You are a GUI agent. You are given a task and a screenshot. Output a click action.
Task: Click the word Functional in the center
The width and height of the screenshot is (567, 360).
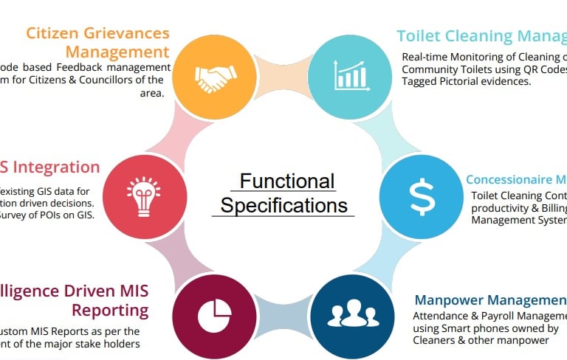287,181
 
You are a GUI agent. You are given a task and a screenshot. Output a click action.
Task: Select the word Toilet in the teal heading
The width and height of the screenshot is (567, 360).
419,36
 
